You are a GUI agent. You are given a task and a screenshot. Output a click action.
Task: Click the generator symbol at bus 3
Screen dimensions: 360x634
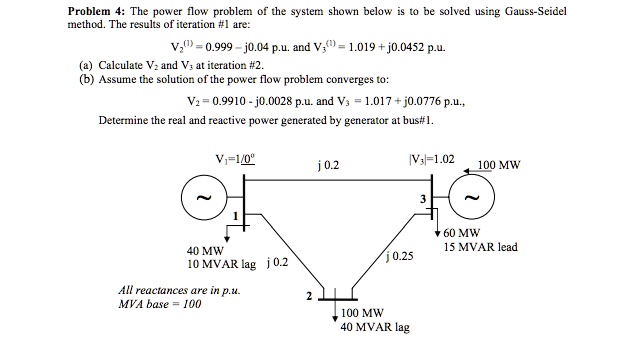tap(474, 198)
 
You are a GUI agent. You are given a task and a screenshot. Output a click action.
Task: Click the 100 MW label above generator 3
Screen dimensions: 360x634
tap(500, 166)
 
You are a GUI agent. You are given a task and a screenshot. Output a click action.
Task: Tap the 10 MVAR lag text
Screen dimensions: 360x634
tap(222, 263)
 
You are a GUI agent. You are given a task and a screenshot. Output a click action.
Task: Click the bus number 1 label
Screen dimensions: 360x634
tap(235, 217)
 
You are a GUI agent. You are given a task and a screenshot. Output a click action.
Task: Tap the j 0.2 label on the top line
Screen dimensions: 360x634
tap(321, 168)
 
